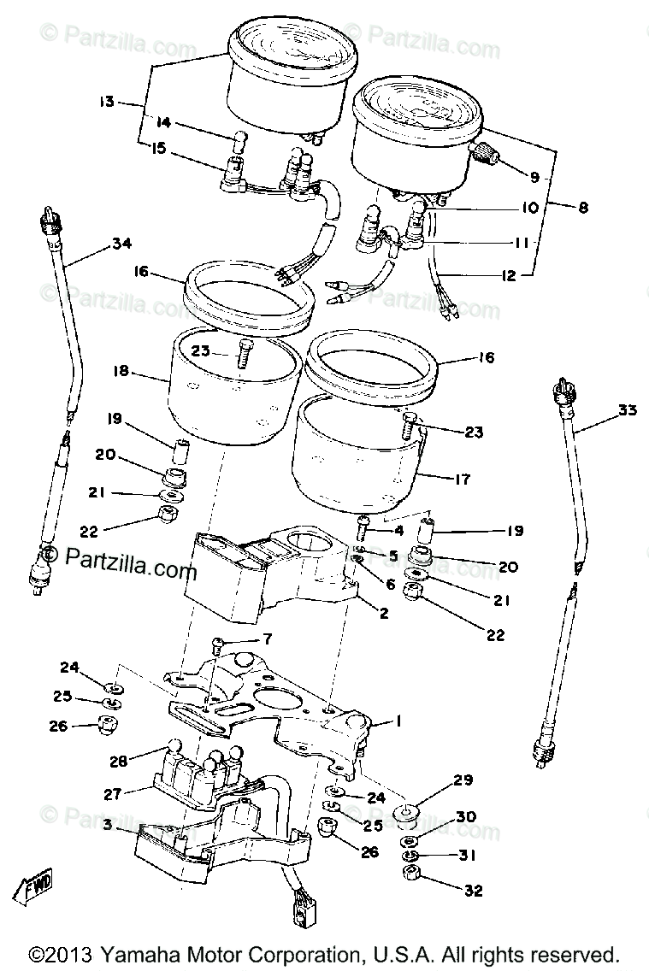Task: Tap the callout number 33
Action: (628, 410)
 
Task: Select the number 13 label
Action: (106, 103)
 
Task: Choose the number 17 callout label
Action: (463, 480)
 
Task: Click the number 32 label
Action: (473, 890)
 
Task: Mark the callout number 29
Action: (463, 780)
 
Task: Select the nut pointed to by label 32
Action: (410, 874)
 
